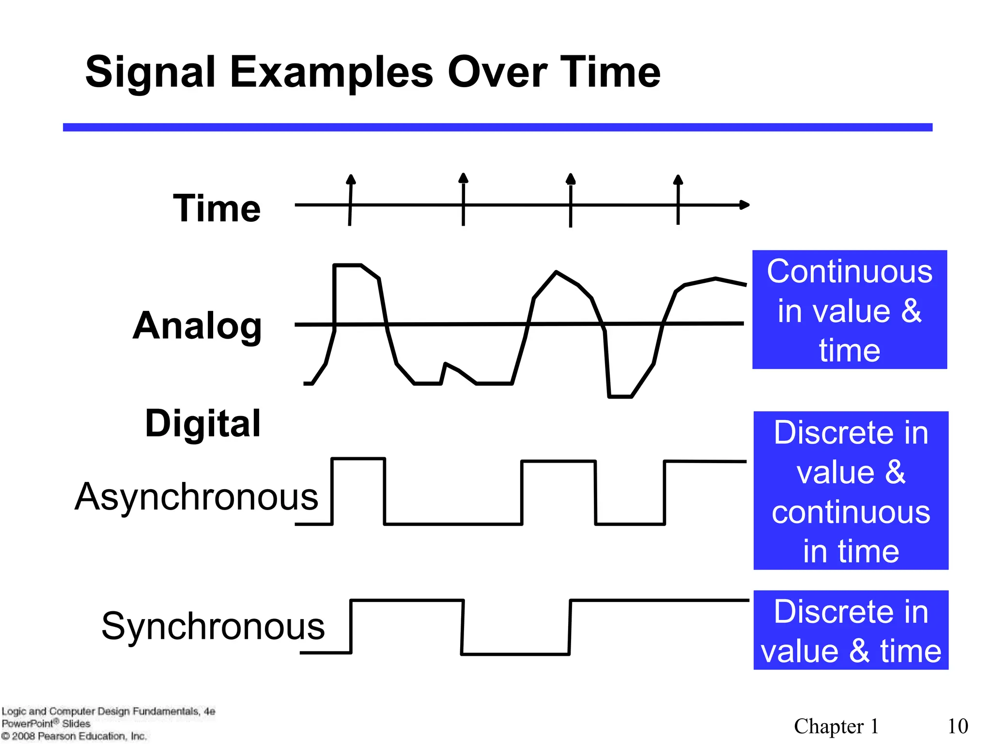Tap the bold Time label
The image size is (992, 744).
(217, 208)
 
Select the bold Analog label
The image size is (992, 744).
(197, 326)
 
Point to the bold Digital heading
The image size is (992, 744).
(203, 423)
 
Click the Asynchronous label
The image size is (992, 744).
(196, 497)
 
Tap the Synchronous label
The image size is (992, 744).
(213, 626)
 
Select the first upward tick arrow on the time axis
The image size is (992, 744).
(351, 180)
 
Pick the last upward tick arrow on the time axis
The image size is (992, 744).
(678, 180)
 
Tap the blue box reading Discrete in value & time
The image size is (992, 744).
(851, 630)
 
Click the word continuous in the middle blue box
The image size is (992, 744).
(851, 512)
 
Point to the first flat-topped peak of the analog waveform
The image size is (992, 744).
(348, 265)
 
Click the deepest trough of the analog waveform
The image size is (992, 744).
(620, 396)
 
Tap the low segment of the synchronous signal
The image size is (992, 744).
(515, 654)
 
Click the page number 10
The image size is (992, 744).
(958, 726)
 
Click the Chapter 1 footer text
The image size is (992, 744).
(836, 726)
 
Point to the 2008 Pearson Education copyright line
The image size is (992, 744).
(74, 736)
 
